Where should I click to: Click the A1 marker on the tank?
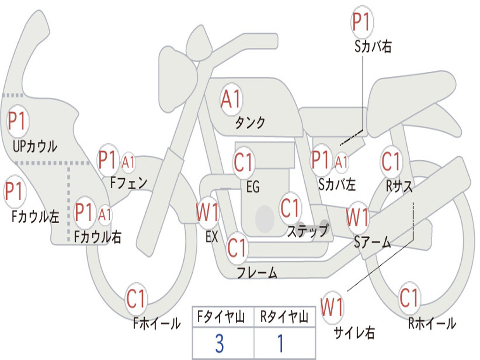pos(232,99)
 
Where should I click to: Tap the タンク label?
pos(250,122)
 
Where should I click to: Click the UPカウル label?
pos(35,146)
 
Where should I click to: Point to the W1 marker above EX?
pos(208,212)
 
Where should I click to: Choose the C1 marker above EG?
pos(243,162)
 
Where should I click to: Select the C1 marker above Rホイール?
pos(409,298)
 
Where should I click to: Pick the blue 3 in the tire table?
pos(219,343)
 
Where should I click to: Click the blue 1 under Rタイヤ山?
pos(280,343)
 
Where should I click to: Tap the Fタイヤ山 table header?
pos(221,316)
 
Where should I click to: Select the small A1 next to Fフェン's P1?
pos(128,162)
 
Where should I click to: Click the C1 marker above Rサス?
pos(391,161)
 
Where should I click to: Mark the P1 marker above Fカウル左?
pos(15,191)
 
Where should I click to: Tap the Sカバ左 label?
pos(337,184)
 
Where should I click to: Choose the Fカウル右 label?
pos(97,237)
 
